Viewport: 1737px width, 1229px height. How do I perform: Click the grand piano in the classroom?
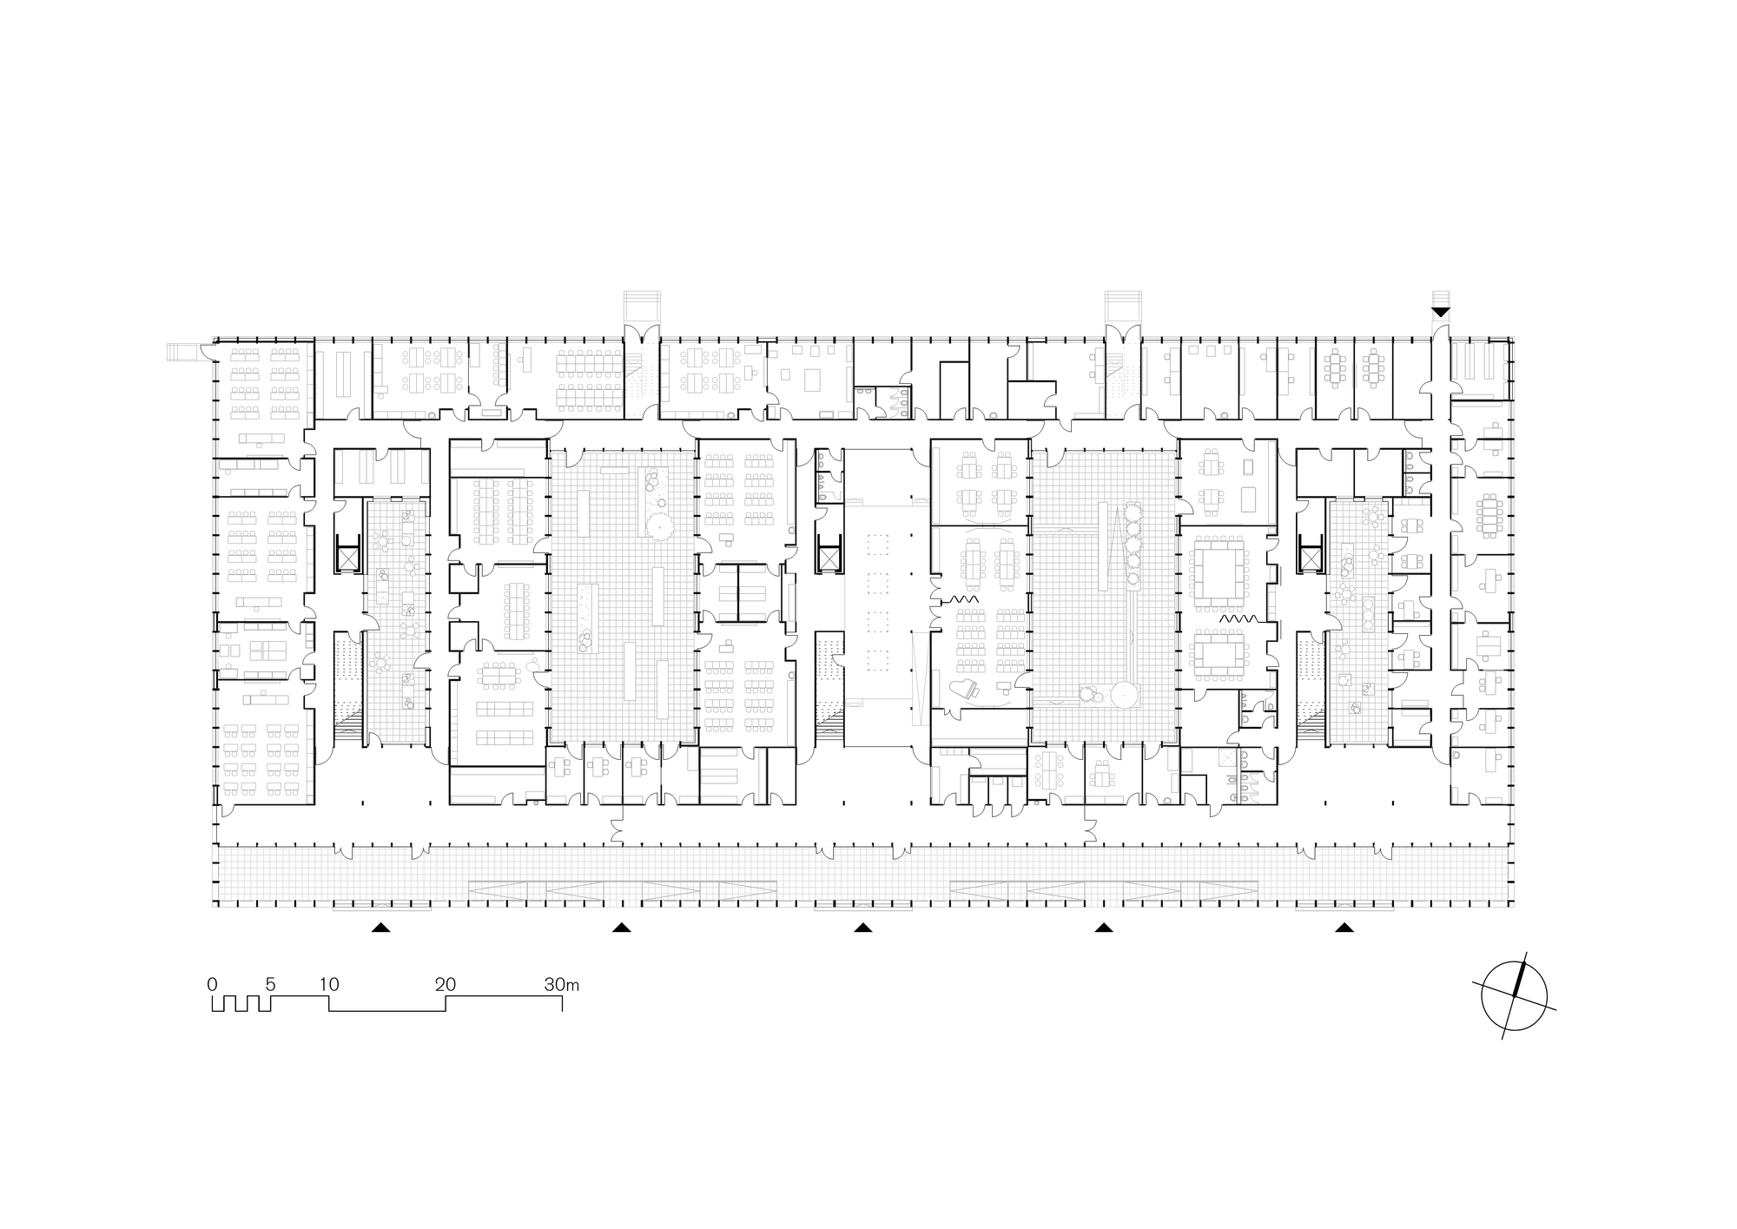(967, 690)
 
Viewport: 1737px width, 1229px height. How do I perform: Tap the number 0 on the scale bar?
(212, 985)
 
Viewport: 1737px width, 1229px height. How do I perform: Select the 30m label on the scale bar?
(562, 985)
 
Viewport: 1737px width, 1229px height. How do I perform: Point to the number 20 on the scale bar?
(446, 985)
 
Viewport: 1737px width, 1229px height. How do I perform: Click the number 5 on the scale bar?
(270, 985)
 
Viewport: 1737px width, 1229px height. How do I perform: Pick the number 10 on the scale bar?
(328, 985)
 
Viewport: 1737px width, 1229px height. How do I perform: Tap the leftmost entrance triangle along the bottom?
(380, 928)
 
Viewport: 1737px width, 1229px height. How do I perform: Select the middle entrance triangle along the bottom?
(862, 928)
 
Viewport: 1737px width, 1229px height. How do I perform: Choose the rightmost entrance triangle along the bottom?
(1344, 928)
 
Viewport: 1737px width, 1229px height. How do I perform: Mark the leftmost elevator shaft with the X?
(348, 557)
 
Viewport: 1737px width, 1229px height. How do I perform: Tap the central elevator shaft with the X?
(829, 557)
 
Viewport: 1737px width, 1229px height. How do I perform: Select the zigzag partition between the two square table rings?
(1233, 618)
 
